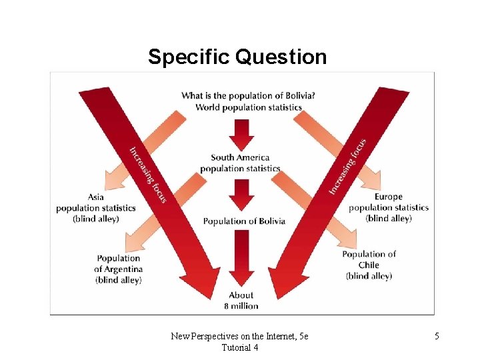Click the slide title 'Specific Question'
point(237,57)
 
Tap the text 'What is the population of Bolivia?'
point(248,95)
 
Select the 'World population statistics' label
point(248,107)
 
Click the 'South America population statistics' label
point(240,163)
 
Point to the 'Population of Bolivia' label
point(244,221)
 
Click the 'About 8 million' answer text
point(241,301)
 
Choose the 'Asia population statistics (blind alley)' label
point(96,208)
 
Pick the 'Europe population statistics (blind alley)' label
point(389,207)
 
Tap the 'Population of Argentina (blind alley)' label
point(119,269)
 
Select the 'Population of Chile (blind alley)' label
point(369,265)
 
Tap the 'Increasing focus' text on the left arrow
point(147,174)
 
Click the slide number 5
point(437,337)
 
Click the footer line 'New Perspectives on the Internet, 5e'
point(239,337)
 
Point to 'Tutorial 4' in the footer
point(239,347)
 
